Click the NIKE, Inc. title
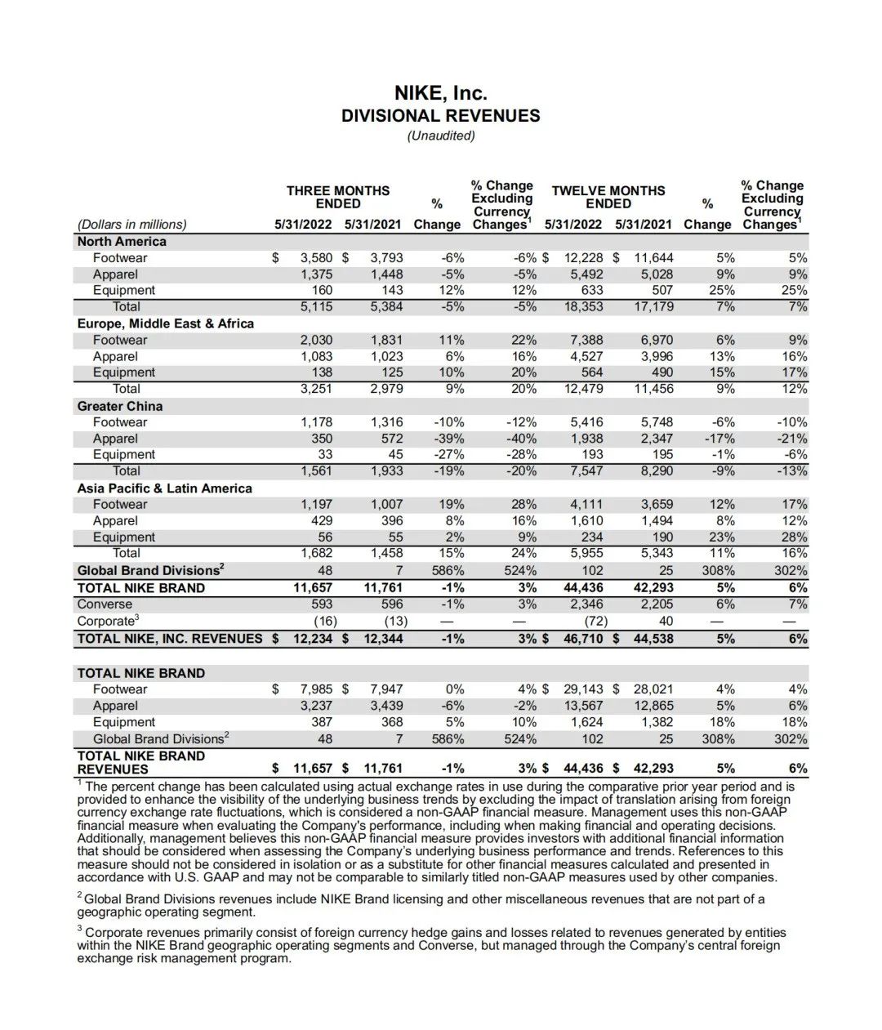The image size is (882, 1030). point(440,93)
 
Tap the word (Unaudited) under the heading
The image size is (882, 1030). point(440,136)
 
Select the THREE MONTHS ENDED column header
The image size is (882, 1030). point(337,197)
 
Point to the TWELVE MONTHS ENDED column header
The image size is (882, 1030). point(608,197)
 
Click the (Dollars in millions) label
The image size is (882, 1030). point(131,225)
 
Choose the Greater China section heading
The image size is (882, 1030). point(119,406)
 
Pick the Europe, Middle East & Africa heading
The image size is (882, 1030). point(165,323)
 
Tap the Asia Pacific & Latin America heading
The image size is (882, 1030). point(164,488)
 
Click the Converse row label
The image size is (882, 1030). point(105,604)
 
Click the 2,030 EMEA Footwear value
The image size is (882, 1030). point(316,340)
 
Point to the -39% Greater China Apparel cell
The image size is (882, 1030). point(448,439)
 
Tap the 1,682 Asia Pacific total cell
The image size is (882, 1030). point(316,553)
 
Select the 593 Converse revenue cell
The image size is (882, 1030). point(322,604)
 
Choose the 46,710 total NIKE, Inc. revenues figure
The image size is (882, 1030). point(583,639)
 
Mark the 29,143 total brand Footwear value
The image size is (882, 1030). point(583,689)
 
